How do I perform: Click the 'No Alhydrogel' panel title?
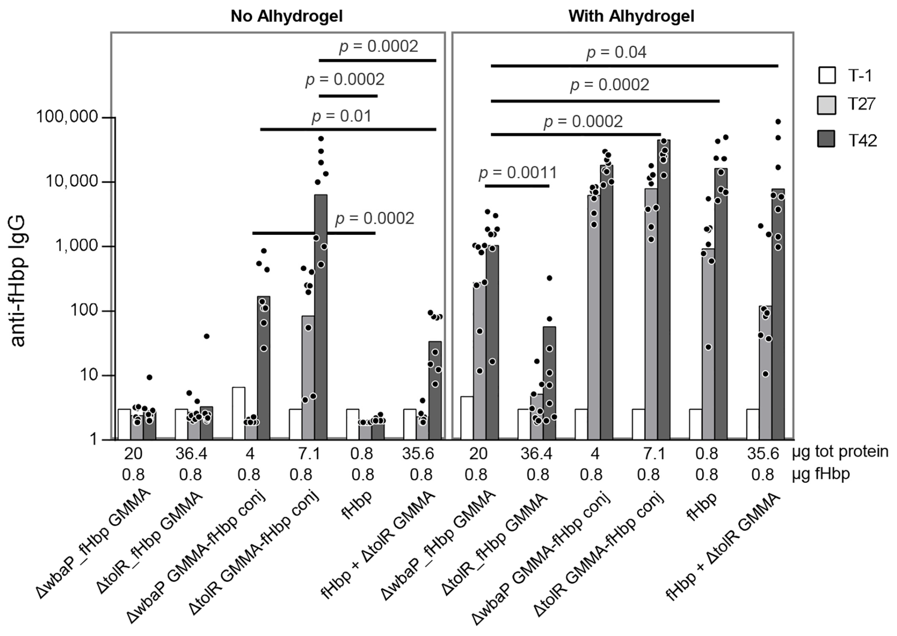286,16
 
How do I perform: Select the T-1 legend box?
826,75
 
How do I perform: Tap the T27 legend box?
826,105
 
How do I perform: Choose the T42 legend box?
826,139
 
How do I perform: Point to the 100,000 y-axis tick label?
67,117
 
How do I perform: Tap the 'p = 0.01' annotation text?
341,116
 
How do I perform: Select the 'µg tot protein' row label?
840,452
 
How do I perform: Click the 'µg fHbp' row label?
821,474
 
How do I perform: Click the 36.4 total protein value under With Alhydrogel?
536,453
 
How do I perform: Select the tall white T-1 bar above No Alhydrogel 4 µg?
239,413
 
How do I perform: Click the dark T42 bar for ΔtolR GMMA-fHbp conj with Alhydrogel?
664,290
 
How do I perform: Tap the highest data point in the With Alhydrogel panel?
778,122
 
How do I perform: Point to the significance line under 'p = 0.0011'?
517,186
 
